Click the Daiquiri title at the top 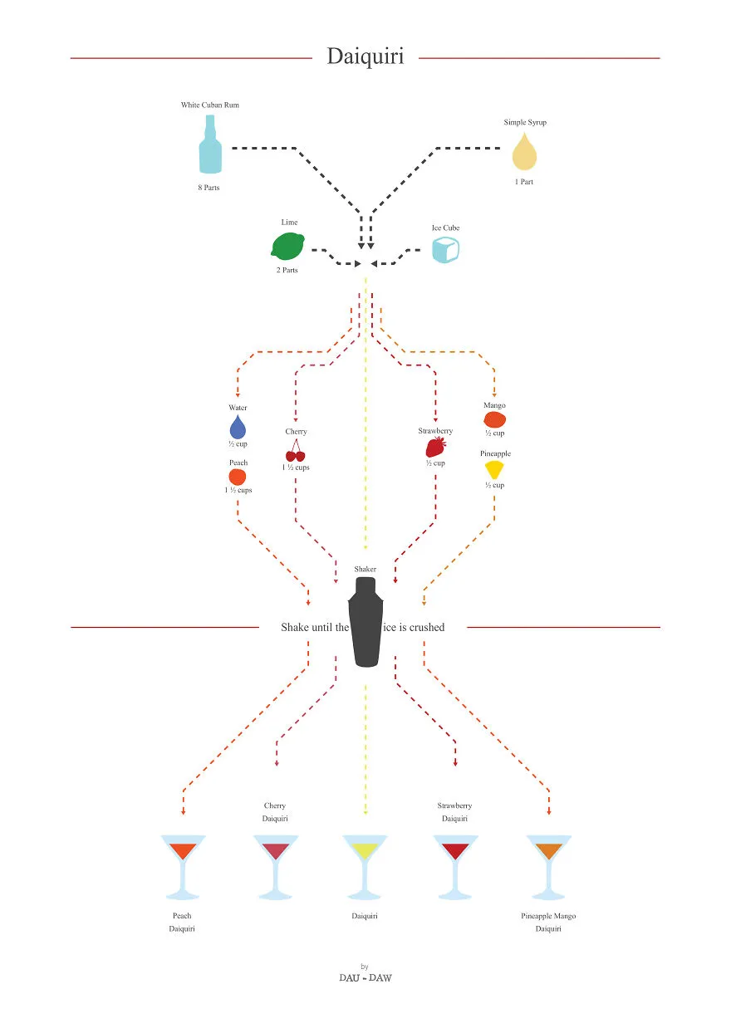point(365,56)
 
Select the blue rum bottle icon point(210,144)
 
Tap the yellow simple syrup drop point(524,151)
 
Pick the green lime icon point(287,247)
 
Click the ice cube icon point(445,250)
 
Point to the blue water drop point(238,427)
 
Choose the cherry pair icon point(295,451)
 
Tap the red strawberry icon point(436,447)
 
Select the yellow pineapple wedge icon point(494,470)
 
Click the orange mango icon point(494,419)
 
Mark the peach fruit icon point(237,477)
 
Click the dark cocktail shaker point(365,622)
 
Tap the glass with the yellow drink point(365,867)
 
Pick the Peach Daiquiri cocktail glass point(183,867)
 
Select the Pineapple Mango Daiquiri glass point(548,867)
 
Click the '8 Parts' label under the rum point(209,187)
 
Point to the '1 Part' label point(524,182)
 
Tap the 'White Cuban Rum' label point(210,105)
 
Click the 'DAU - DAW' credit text point(365,977)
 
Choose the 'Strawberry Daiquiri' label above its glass point(454,811)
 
